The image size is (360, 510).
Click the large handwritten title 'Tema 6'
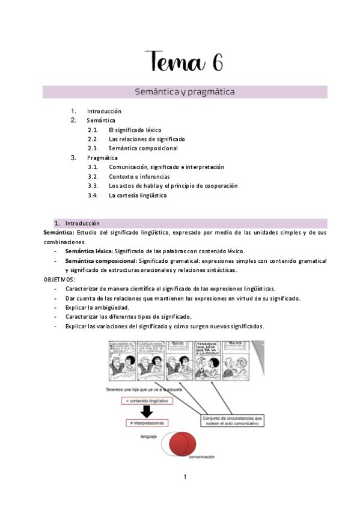tap(185, 62)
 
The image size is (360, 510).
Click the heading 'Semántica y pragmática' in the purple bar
tap(185, 92)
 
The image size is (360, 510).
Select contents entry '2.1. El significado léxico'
tap(135, 130)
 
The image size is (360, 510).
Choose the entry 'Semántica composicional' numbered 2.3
tap(143, 148)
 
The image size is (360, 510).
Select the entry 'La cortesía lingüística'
tap(138, 195)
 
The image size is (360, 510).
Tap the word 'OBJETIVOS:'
tap(59, 280)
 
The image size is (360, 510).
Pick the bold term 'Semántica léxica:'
tap(89, 251)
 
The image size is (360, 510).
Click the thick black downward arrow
tap(146, 412)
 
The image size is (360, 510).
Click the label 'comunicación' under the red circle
tap(204, 458)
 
